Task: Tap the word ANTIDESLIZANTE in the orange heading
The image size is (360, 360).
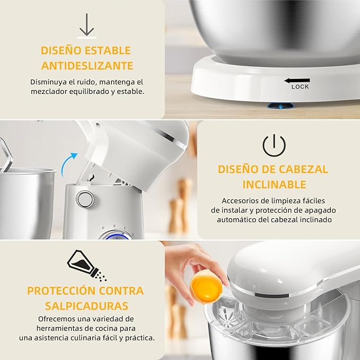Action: pos(86,66)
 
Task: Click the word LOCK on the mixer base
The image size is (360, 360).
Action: pos(300,86)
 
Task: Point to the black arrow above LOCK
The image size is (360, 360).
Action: pos(296,81)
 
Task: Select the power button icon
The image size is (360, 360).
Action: pos(274,145)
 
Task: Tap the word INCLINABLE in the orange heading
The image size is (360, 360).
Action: pos(274,185)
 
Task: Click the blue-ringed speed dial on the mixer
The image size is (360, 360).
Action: pos(116,233)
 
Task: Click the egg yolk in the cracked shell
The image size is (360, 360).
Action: pos(206,287)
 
